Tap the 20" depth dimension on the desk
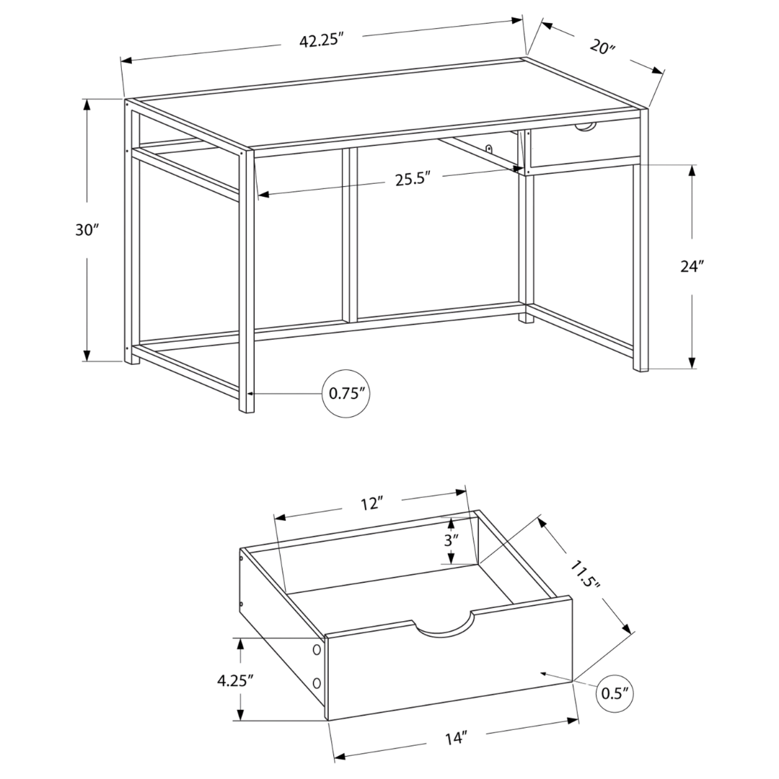point(600,48)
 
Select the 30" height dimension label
point(87,231)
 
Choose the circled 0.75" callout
point(349,394)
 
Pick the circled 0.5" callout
point(613,693)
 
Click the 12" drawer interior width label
point(371,504)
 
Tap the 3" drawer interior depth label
point(450,540)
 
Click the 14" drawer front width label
point(456,738)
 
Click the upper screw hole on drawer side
point(316,651)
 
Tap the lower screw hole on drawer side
point(316,682)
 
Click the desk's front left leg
point(247,281)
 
